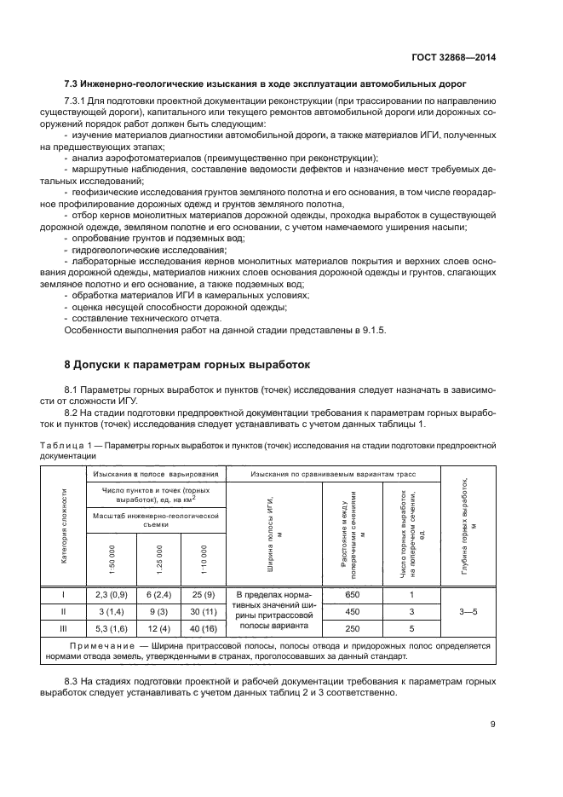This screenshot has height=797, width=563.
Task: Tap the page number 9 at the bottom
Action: click(493, 725)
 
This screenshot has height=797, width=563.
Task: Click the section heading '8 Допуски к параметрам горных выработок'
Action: click(187, 364)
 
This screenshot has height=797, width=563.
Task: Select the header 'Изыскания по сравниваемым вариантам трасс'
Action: click(338, 474)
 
